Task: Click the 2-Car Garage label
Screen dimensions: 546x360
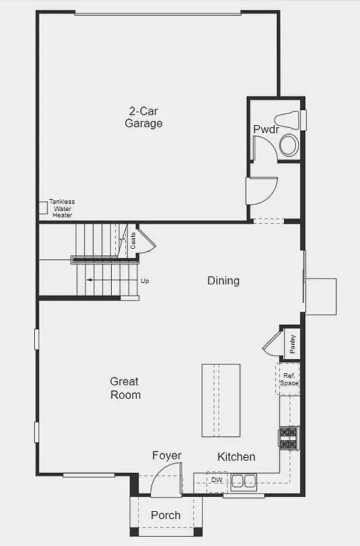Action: click(144, 117)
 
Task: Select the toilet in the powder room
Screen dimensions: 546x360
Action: click(289, 120)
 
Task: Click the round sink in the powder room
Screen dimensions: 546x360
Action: click(289, 146)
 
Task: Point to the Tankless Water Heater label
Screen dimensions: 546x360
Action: click(61, 208)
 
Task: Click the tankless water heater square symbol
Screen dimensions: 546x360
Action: click(43, 208)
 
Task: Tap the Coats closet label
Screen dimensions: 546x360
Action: click(132, 240)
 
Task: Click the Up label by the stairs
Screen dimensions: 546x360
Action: click(144, 281)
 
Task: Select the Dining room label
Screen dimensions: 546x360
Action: click(223, 281)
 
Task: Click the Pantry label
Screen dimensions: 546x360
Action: click(292, 343)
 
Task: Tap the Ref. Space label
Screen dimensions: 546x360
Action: click(289, 380)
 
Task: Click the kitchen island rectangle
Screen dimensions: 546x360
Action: click(221, 400)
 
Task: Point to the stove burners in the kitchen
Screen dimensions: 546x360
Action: click(289, 438)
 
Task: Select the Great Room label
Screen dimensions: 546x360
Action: click(125, 388)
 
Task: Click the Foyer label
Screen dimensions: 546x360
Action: click(166, 456)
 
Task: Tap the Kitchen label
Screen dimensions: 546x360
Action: click(236, 456)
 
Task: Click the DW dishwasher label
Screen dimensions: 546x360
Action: click(216, 481)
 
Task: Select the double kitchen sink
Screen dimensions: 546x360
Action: click(243, 481)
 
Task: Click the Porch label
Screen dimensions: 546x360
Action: click(166, 515)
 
